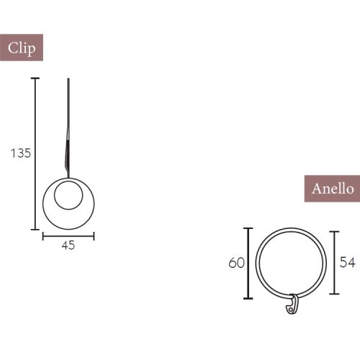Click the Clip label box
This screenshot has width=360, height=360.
tap(22, 48)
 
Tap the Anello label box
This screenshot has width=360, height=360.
tap(332, 189)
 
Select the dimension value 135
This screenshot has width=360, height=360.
tap(20, 153)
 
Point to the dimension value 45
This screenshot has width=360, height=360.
tap(68, 245)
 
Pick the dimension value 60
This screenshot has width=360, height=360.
tap(236, 263)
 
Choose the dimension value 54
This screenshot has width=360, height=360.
tap(347, 263)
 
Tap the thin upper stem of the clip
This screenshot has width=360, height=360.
tap(68, 101)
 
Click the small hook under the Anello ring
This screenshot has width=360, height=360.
tap(292, 305)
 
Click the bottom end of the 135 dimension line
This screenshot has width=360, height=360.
tap(35, 229)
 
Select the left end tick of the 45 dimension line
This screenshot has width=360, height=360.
tap(43, 234)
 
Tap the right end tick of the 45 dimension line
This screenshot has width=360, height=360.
tap(94, 234)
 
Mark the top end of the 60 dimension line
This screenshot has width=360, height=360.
tap(249, 228)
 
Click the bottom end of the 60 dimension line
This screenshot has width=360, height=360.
tap(249, 298)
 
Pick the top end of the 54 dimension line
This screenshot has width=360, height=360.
tap(335, 231)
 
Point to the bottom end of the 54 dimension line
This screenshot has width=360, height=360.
tap(335, 294)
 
